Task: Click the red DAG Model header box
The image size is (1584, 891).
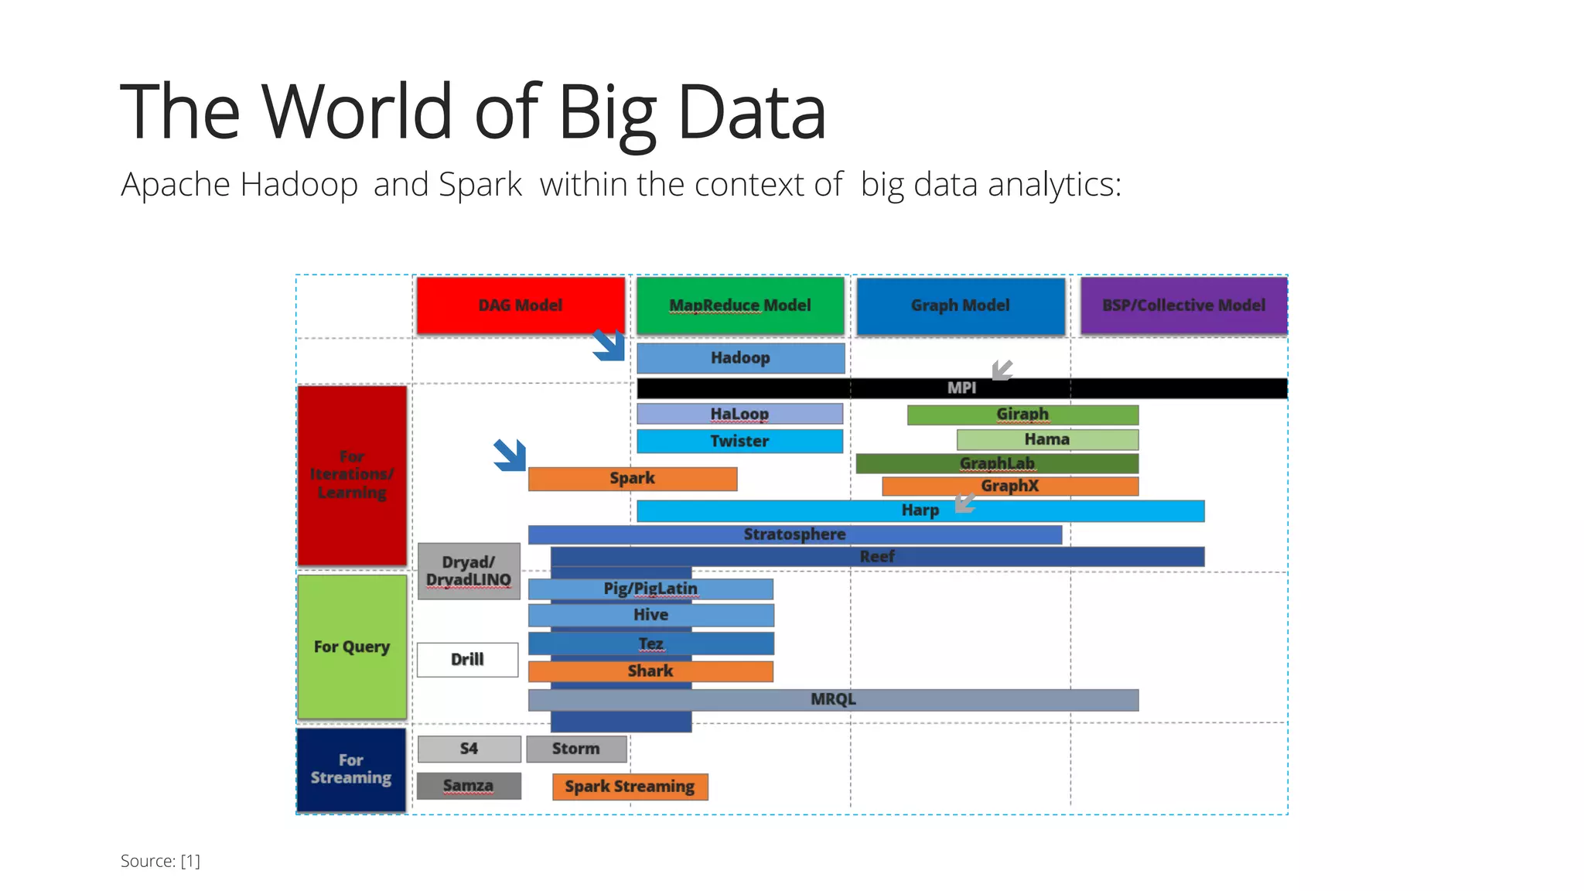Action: pyautogui.click(x=521, y=306)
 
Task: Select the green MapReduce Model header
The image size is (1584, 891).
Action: pyautogui.click(x=740, y=306)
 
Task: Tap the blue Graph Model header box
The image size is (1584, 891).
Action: pyautogui.click(x=960, y=306)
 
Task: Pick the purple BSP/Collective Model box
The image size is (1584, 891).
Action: pyautogui.click(x=1183, y=306)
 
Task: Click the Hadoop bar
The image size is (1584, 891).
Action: pyautogui.click(x=740, y=358)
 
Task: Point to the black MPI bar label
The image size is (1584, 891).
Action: pyautogui.click(x=961, y=388)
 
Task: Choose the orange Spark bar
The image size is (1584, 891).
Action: pyautogui.click(x=632, y=479)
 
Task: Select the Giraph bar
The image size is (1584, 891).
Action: pyautogui.click(x=1022, y=415)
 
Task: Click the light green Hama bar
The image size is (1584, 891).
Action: pyautogui.click(x=1047, y=439)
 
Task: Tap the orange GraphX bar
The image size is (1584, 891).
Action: pyautogui.click(x=1010, y=486)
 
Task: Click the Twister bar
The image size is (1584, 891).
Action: pyautogui.click(x=739, y=441)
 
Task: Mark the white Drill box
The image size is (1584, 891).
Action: pyautogui.click(x=467, y=660)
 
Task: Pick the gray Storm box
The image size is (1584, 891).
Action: pyautogui.click(x=576, y=749)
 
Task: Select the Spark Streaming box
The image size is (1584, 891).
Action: pyautogui.click(x=630, y=787)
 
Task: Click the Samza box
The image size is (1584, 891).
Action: pyautogui.click(x=469, y=786)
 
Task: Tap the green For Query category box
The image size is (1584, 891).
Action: pyautogui.click(x=352, y=647)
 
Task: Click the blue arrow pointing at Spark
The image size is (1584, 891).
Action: pyautogui.click(x=510, y=455)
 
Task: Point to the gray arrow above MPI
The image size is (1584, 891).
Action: pyautogui.click(x=1002, y=370)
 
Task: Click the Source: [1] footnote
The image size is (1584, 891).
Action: pyautogui.click(x=160, y=861)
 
